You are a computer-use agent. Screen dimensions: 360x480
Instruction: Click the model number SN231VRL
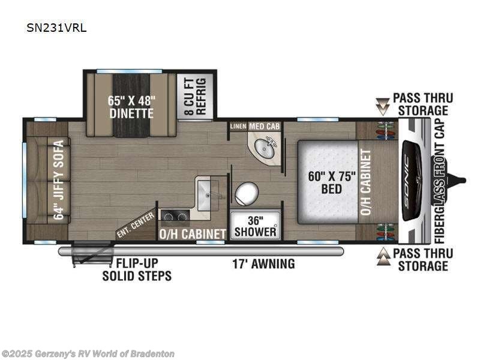tap(56, 27)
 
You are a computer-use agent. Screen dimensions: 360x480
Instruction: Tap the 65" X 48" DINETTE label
tap(131, 107)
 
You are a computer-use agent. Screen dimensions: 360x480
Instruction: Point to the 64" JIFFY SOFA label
tap(59, 180)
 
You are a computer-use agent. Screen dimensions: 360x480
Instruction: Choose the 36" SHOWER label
tap(256, 226)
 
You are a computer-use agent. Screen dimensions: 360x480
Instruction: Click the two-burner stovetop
tap(175, 215)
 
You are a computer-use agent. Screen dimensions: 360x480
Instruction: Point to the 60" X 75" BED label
tap(331, 182)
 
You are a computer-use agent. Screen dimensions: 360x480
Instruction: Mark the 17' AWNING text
tap(263, 263)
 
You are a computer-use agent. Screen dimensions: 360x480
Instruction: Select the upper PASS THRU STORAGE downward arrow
tap(382, 106)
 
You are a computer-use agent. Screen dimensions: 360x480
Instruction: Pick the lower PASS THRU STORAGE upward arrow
tap(382, 259)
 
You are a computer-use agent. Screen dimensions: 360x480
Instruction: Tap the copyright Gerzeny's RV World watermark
tap(88, 354)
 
